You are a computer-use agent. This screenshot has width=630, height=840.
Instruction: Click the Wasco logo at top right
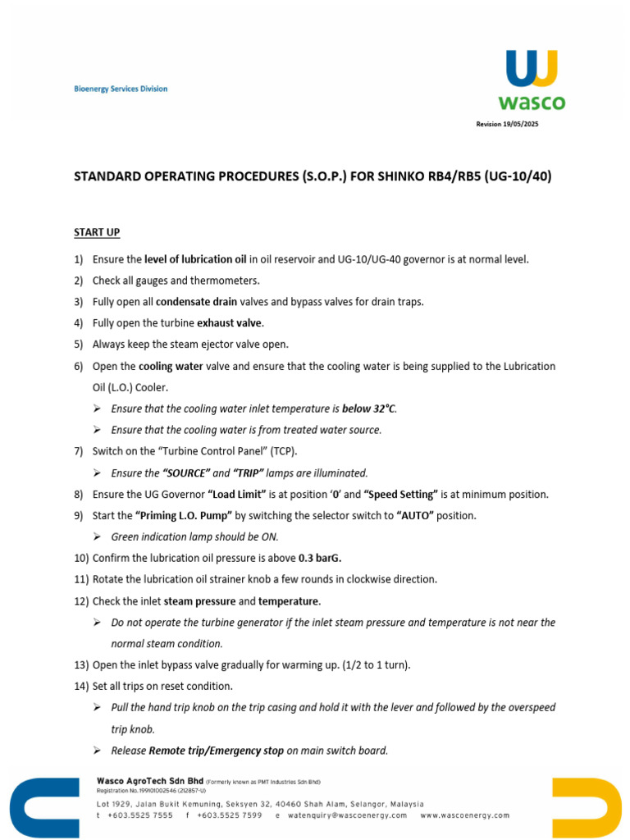point(532,80)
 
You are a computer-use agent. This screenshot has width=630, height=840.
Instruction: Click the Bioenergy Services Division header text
point(121,89)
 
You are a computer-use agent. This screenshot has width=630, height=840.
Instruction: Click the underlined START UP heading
point(97,233)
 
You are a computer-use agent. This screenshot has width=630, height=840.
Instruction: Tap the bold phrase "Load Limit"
point(238,494)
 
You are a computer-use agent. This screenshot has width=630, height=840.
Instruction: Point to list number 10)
point(81,558)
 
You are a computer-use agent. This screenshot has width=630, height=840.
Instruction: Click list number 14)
point(81,686)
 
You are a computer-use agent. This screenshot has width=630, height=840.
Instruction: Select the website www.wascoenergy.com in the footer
point(464,815)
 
